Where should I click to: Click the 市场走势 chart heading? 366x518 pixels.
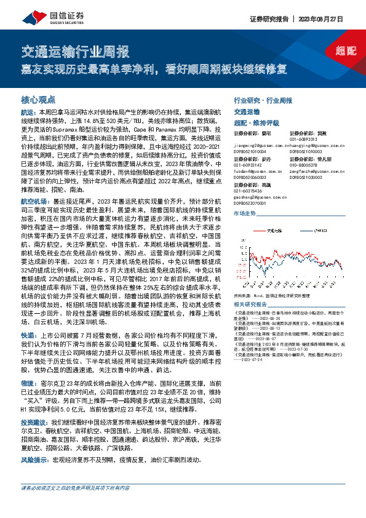244,213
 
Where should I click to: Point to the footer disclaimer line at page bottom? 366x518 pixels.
75,507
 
